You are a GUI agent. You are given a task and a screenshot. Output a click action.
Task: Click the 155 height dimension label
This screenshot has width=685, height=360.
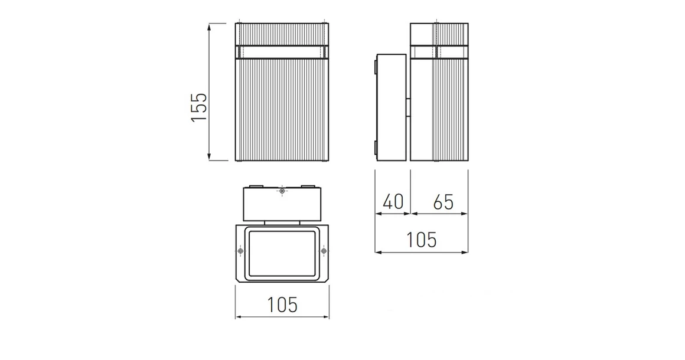pyautogui.click(x=200, y=107)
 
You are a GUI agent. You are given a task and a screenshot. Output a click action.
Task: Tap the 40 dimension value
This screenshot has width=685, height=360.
pyautogui.click(x=393, y=202)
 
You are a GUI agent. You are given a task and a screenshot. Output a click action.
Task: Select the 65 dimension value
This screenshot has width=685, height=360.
pyautogui.click(x=443, y=202)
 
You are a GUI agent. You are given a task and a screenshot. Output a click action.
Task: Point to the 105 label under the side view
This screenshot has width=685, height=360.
pyautogui.click(x=422, y=240)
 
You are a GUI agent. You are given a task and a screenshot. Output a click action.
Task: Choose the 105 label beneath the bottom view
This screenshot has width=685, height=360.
pyautogui.click(x=282, y=305)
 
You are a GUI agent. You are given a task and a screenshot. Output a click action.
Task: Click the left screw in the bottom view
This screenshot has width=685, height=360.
pyautogui.click(x=240, y=252)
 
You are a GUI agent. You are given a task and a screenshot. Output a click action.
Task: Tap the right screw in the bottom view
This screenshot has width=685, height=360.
pyautogui.click(x=324, y=252)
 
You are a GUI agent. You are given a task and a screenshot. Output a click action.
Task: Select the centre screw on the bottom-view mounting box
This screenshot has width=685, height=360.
pyautogui.click(x=282, y=191)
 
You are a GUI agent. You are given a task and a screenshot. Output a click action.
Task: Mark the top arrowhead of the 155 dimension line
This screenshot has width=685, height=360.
pyautogui.click(x=210, y=27)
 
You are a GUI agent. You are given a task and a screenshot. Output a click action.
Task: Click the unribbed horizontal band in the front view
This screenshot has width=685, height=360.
pyautogui.click(x=282, y=53)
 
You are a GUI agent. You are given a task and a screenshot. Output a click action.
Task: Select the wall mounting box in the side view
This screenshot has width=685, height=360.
pyautogui.click(x=392, y=107)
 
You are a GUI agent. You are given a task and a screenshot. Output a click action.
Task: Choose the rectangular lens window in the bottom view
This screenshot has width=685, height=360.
pyautogui.click(x=282, y=253)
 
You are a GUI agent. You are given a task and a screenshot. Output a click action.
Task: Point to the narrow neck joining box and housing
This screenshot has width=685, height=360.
pyautogui.click(x=282, y=223)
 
